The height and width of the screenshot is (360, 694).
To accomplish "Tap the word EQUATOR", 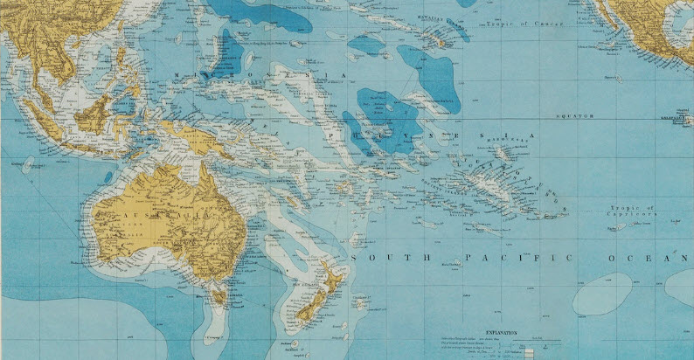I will (x=573, y=115).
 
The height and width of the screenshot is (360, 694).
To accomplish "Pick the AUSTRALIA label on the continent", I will (x=166, y=216).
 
